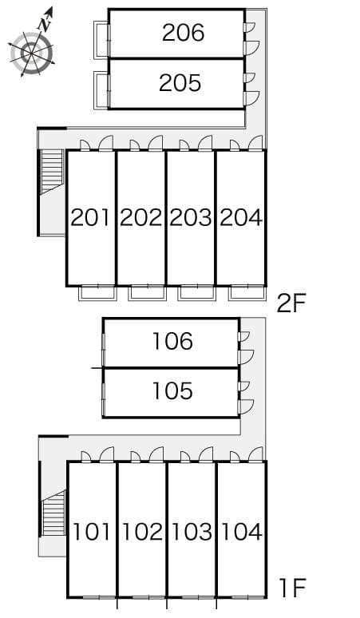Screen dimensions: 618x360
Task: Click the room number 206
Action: tap(183, 33)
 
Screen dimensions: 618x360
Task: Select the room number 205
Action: tap(180, 83)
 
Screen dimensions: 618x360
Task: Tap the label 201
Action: tap(90, 217)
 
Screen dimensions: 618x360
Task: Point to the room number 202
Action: tap(141, 217)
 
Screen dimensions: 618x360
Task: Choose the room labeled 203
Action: tap(191, 217)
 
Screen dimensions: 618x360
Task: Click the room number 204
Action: tap(240, 217)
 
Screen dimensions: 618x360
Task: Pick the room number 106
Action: tap(172, 342)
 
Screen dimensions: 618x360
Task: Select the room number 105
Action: tap(172, 391)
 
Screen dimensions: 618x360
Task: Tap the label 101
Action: tap(92, 531)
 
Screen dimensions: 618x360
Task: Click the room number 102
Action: tap(143, 531)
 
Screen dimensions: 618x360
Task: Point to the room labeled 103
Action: tap(192, 531)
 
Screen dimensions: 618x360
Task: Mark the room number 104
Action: tap(241, 531)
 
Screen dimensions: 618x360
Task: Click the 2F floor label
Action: tap(292, 303)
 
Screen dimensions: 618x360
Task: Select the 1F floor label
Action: tap(293, 589)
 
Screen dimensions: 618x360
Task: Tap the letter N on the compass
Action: tap(45, 22)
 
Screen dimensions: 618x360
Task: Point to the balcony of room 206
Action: tap(101, 39)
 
